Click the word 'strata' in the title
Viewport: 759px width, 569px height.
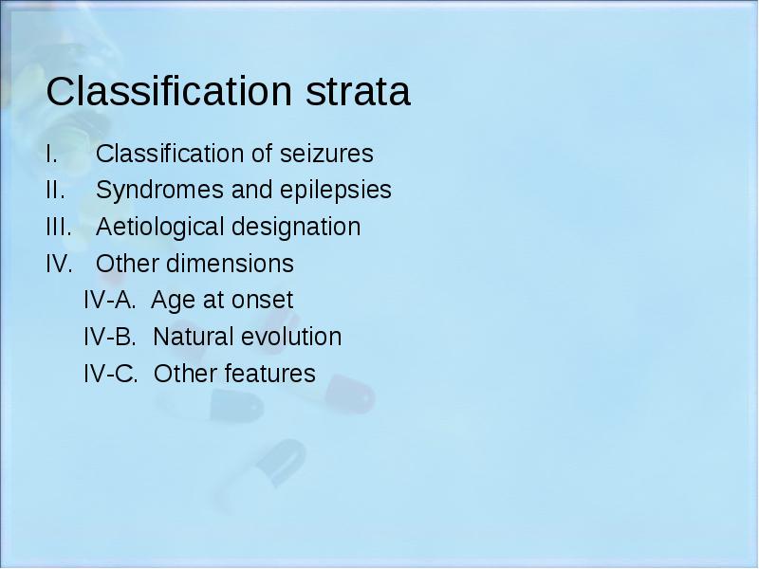(358, 91)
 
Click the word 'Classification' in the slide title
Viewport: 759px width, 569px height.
(170, 90)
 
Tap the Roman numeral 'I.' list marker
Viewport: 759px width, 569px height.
(52, 154)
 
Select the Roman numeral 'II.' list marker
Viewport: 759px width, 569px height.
(56, 190)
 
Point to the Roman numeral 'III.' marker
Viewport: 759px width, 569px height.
(59, 227)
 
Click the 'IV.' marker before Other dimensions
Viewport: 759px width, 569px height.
(60, 264)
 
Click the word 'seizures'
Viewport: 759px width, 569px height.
(326, 154)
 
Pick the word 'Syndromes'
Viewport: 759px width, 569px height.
(159, 190)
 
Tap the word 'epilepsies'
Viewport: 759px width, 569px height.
(336, 190)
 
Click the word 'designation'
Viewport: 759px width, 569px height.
(296, 227)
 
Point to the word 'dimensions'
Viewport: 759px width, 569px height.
(230, 264)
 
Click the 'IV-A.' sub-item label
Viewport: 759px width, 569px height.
(110, 300)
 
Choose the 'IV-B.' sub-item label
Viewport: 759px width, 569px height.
(110, 337)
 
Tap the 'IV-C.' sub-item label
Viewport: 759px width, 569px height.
(111, 374)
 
